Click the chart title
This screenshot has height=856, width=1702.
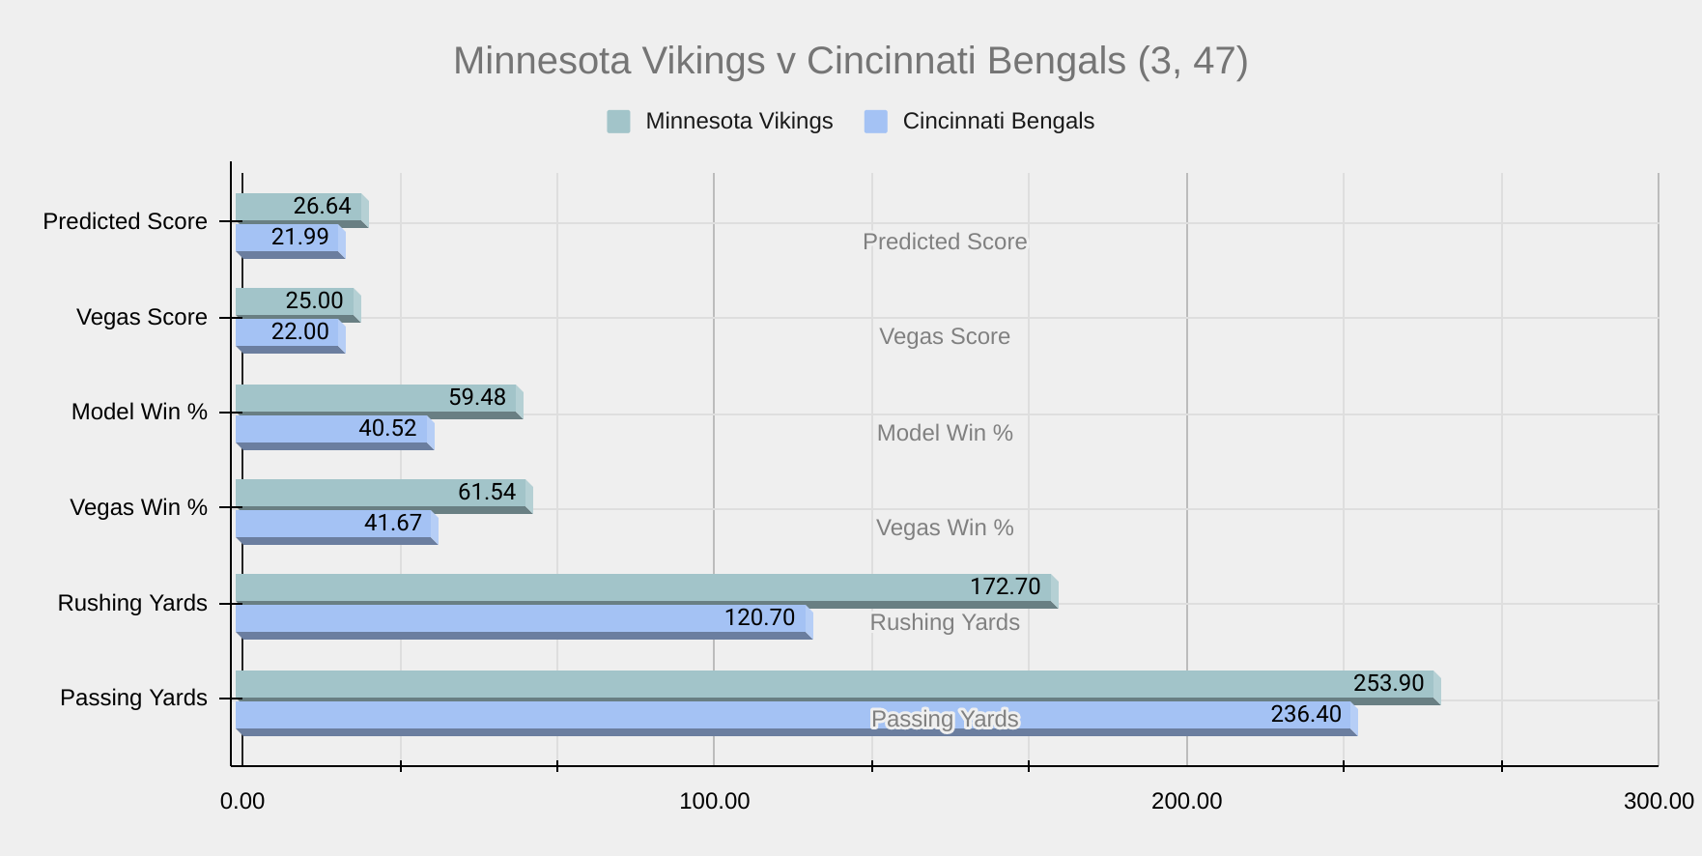pos(850,61)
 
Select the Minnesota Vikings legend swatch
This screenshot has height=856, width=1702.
pos(618,122)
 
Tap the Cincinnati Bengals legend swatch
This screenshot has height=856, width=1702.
pos(875,122)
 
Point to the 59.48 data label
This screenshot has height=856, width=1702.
pos(477,398)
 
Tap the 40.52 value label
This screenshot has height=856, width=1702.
pos(387,428)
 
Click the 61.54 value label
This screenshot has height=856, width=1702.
pos(487,493)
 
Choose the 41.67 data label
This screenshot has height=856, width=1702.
pos(393,524)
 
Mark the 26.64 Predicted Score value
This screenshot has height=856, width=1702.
pos(322,207)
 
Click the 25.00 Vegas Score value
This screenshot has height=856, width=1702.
pos(314,301)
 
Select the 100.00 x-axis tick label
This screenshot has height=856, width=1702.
pos(714,802)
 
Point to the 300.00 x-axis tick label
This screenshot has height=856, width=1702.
pos(1658,802)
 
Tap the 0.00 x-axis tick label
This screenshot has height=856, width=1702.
pos(242,802)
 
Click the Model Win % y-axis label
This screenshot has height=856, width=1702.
pos(139,413)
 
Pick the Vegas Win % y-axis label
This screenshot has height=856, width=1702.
pos(138,508)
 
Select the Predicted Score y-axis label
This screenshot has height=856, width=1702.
pos(125,222)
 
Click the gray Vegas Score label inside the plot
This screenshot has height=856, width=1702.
pos(944,337)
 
